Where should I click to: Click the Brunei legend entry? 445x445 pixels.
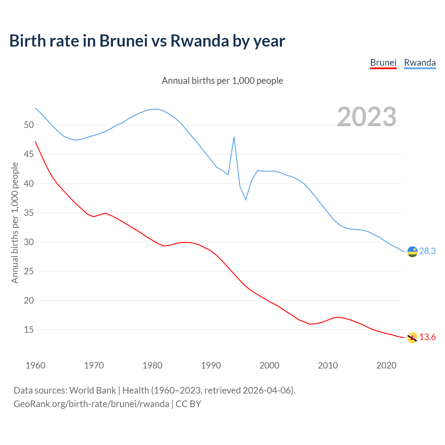point(383,63)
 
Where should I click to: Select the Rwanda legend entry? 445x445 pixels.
point(420,63)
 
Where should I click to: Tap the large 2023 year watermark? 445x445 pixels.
point(367,116)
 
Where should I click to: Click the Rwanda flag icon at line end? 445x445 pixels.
point(412,251)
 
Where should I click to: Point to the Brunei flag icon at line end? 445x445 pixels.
point(412,338)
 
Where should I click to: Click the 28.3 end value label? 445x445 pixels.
point(427,251)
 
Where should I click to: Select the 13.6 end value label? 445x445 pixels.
point(427,337)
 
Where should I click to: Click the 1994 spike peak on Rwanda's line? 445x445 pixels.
point(234,137)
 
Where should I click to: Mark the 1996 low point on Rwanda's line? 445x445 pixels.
point(246,200)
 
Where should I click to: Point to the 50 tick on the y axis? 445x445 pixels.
point(29,125)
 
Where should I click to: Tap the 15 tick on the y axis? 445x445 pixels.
point(29,329)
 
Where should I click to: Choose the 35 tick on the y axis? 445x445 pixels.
point(29,212)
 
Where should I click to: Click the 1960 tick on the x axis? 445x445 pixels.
point(35,365)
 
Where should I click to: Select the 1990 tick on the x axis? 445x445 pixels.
point(211,365)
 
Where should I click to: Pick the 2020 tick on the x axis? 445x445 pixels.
point(386,365)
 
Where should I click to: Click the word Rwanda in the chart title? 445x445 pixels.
point(200,41)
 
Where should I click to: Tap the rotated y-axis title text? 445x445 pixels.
point(15,223)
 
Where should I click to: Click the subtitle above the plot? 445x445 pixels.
point(222,81)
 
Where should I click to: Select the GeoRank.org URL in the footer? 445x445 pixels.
point(91,404)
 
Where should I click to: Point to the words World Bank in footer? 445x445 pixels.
point(92,390)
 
